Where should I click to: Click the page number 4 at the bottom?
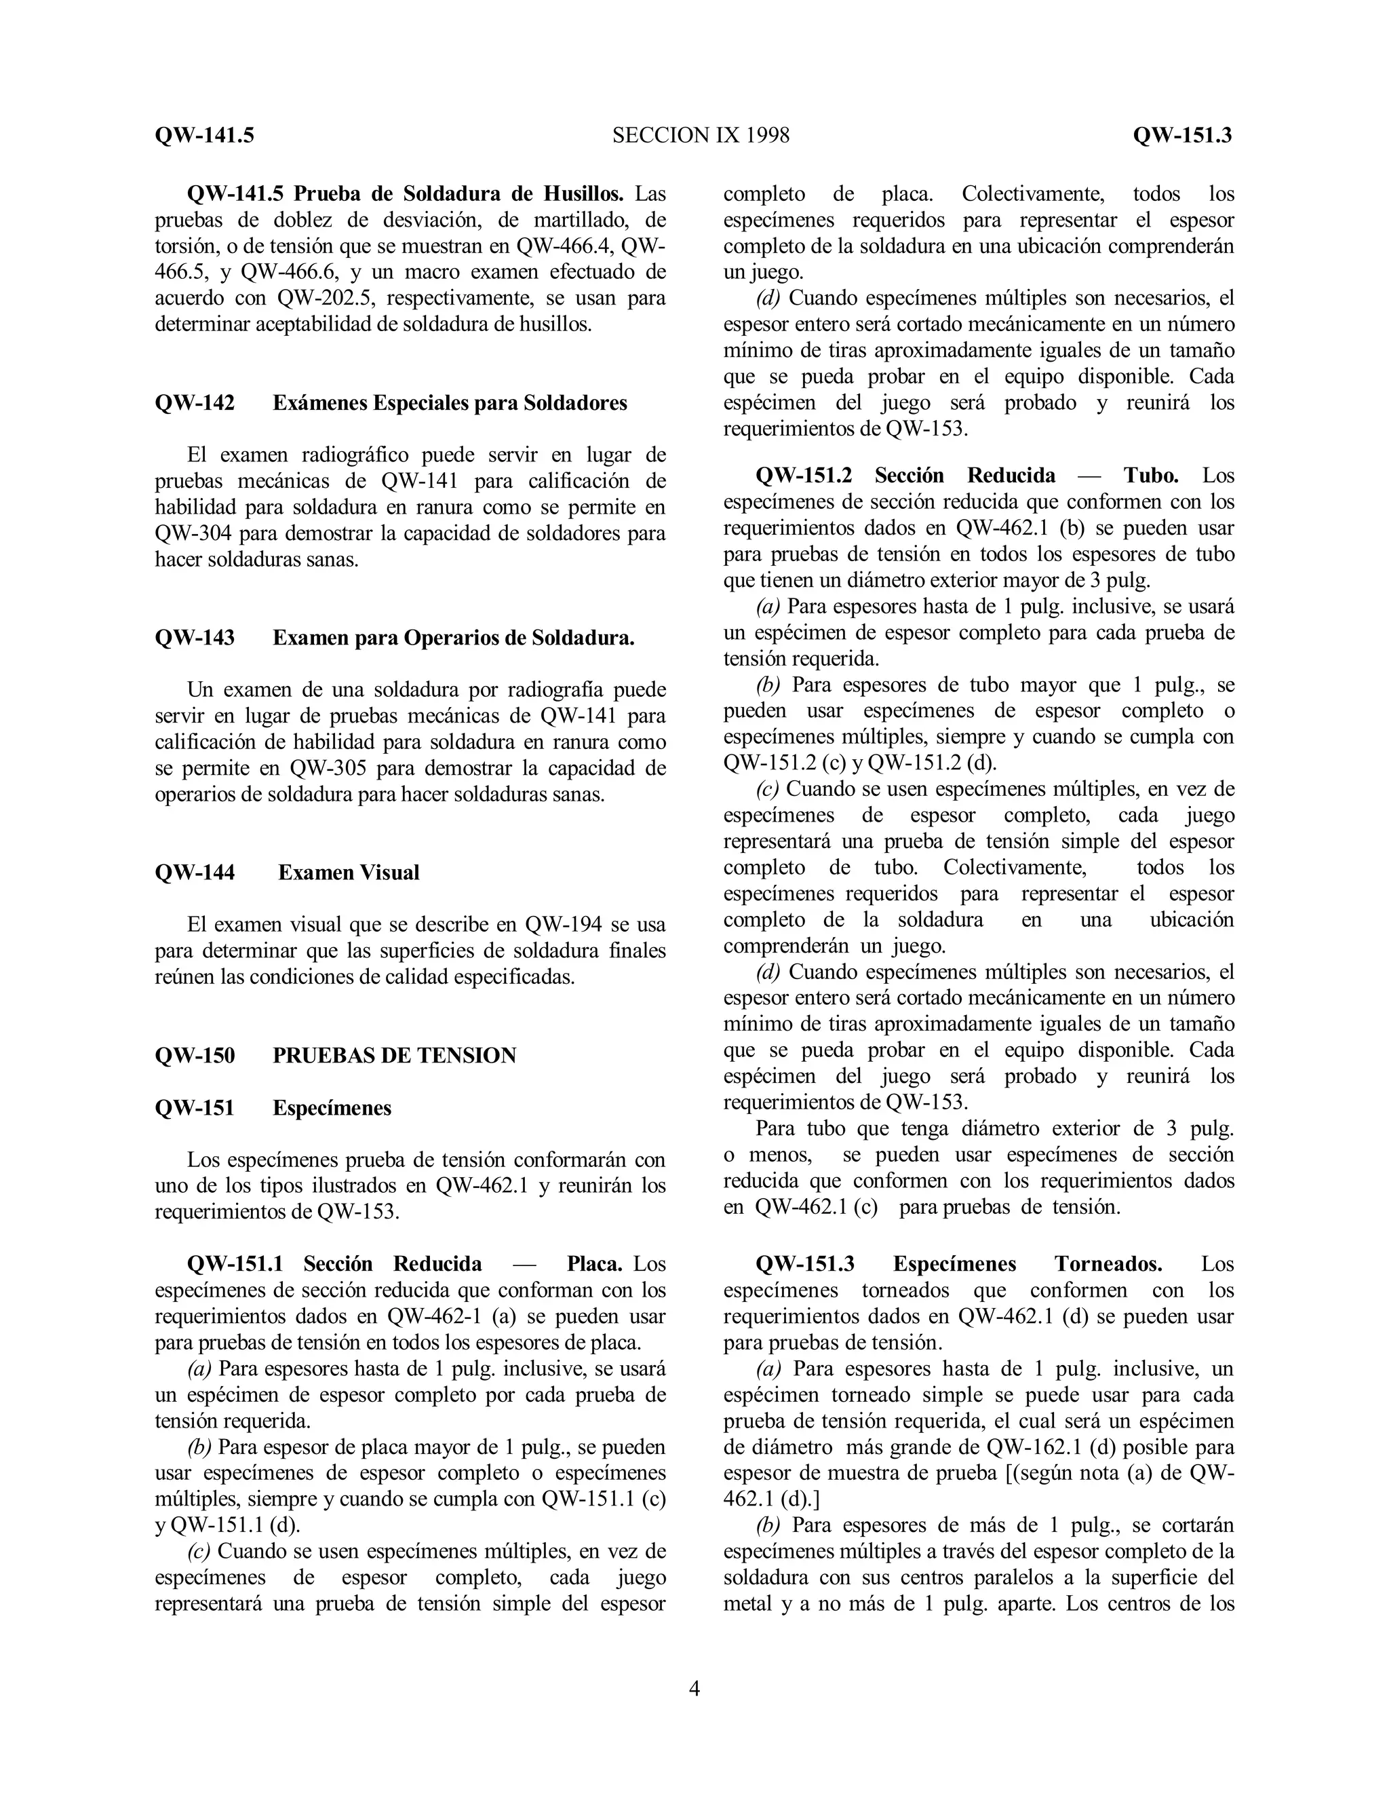click(x=694, y=1689)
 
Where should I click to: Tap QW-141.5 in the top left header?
click(x=204, y=135)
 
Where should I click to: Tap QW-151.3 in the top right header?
click(x=1181, y=135)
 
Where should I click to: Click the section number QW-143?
click(x=194, y=638)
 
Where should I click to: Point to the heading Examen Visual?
click(x=349, y=873)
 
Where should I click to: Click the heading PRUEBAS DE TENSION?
click(x=394, y=1056)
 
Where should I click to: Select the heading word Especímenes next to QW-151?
click(x=332, y=1108)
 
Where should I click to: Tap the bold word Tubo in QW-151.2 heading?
click(x=1151, y=475)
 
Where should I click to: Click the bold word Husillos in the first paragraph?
click(x=583, y=194)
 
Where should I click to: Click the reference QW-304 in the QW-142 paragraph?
click(x=194, y=533)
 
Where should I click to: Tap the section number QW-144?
click(x=194, y=873)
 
